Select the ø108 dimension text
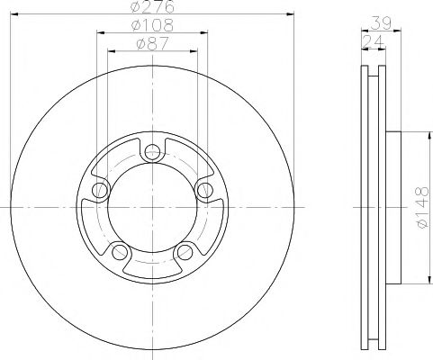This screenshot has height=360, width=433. [x=152, y=26]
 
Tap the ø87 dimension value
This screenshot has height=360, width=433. [x=152, y=44]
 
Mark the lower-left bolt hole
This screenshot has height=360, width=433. [x=120, y=250]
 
